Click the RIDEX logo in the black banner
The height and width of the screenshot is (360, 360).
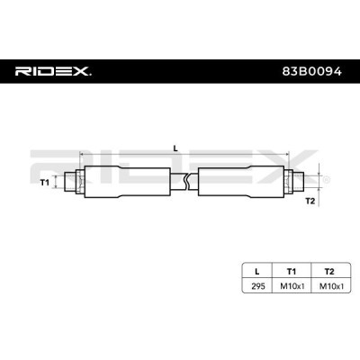(53, 71)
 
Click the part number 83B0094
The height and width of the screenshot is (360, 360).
(311, 71)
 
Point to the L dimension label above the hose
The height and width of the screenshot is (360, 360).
(175, 148)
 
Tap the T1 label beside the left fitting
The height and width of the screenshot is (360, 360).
(45, 182)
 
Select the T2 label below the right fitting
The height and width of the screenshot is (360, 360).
(310, 201)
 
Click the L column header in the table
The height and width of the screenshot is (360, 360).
(256, 272)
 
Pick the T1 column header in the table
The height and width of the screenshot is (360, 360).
(292, 272)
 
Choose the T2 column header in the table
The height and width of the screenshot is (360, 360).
(329, 272)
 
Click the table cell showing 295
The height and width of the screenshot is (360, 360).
(258, 286)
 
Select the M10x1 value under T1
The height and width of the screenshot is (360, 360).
(292, 286)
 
